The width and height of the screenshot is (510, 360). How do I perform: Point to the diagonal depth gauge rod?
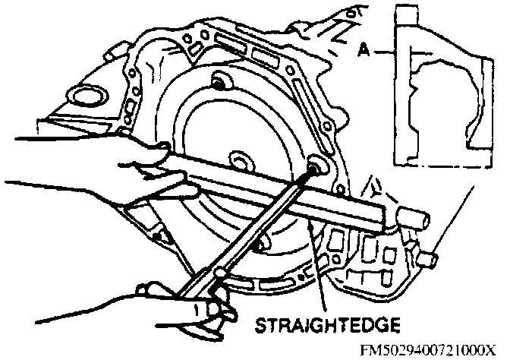point(258,228)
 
